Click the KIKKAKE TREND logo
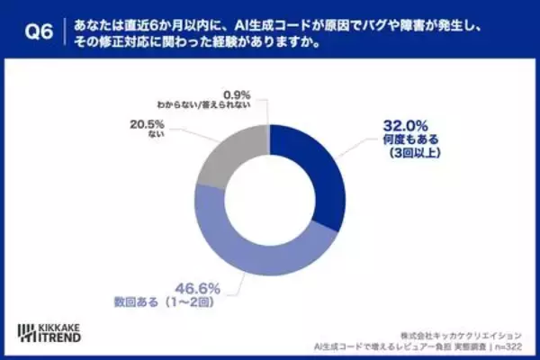click(x=55, y=331)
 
